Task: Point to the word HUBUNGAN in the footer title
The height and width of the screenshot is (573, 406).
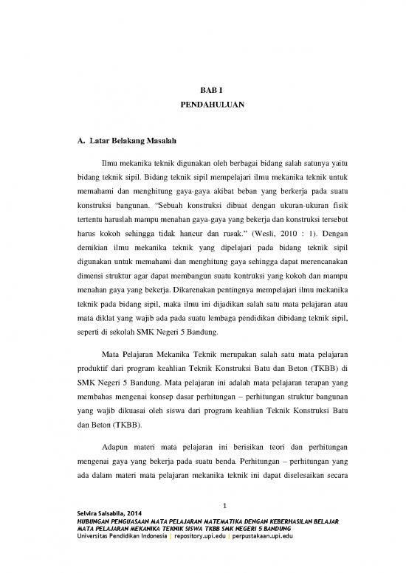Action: pos(84,521)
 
